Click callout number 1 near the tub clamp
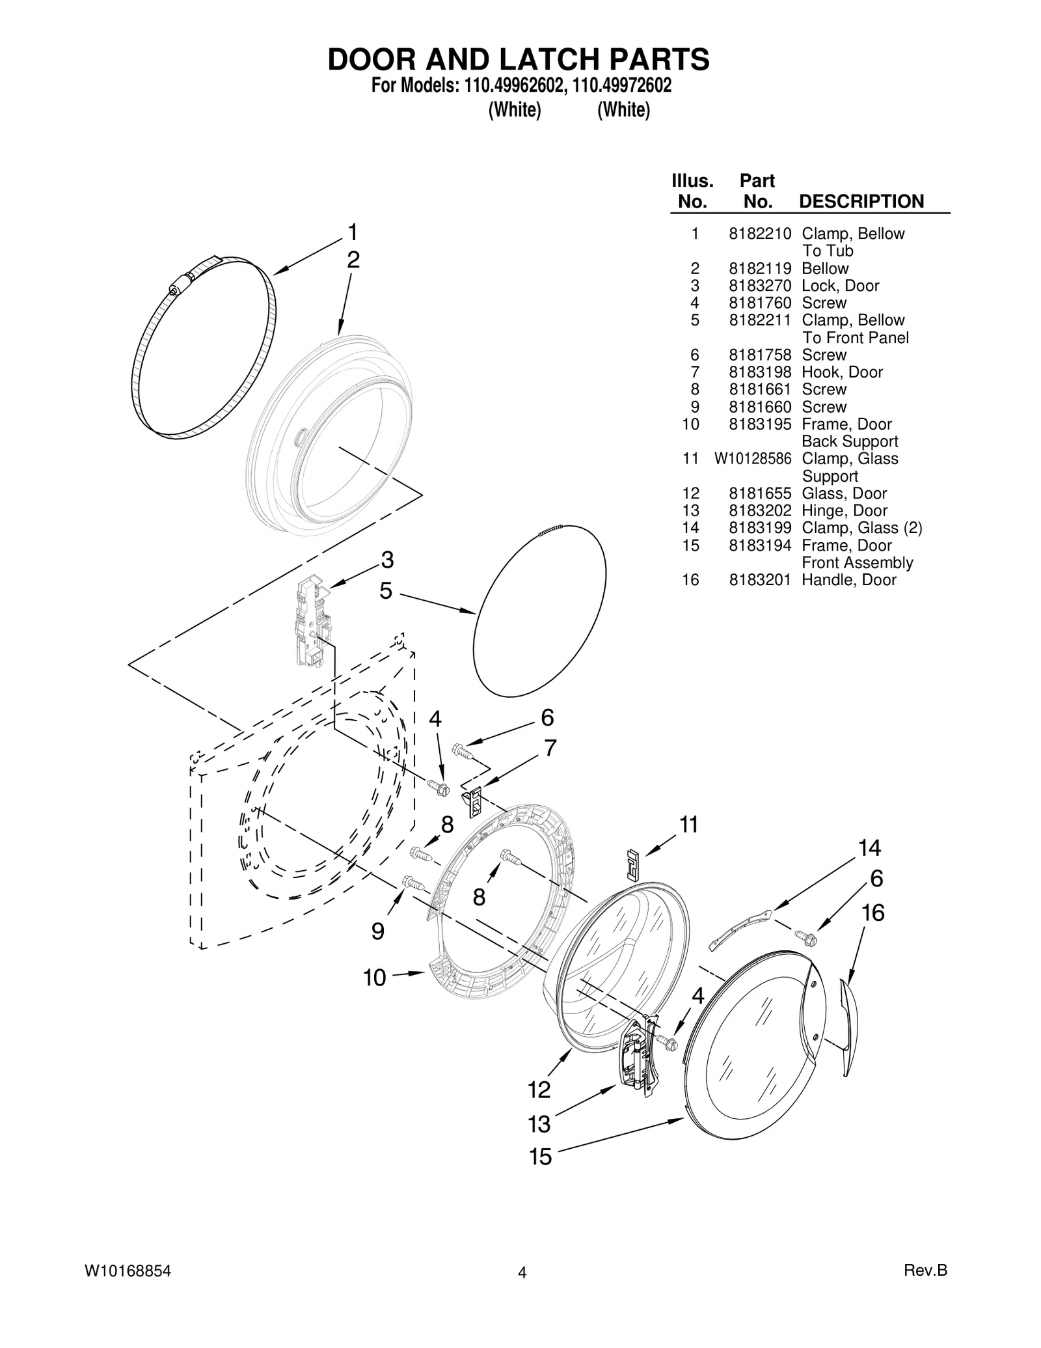click(x=352, y=232)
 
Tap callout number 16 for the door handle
click(x=873, y=913)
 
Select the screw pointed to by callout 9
click(x=414, y=883)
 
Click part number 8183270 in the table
click(x=759, y=286)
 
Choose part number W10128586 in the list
click(x=753, y=459)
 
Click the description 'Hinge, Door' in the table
click(x=844, y=511)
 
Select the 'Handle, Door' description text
click(x=848, y=580)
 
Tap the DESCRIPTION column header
click(x=861, y=202)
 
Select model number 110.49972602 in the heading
click(x=622, y=86)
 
